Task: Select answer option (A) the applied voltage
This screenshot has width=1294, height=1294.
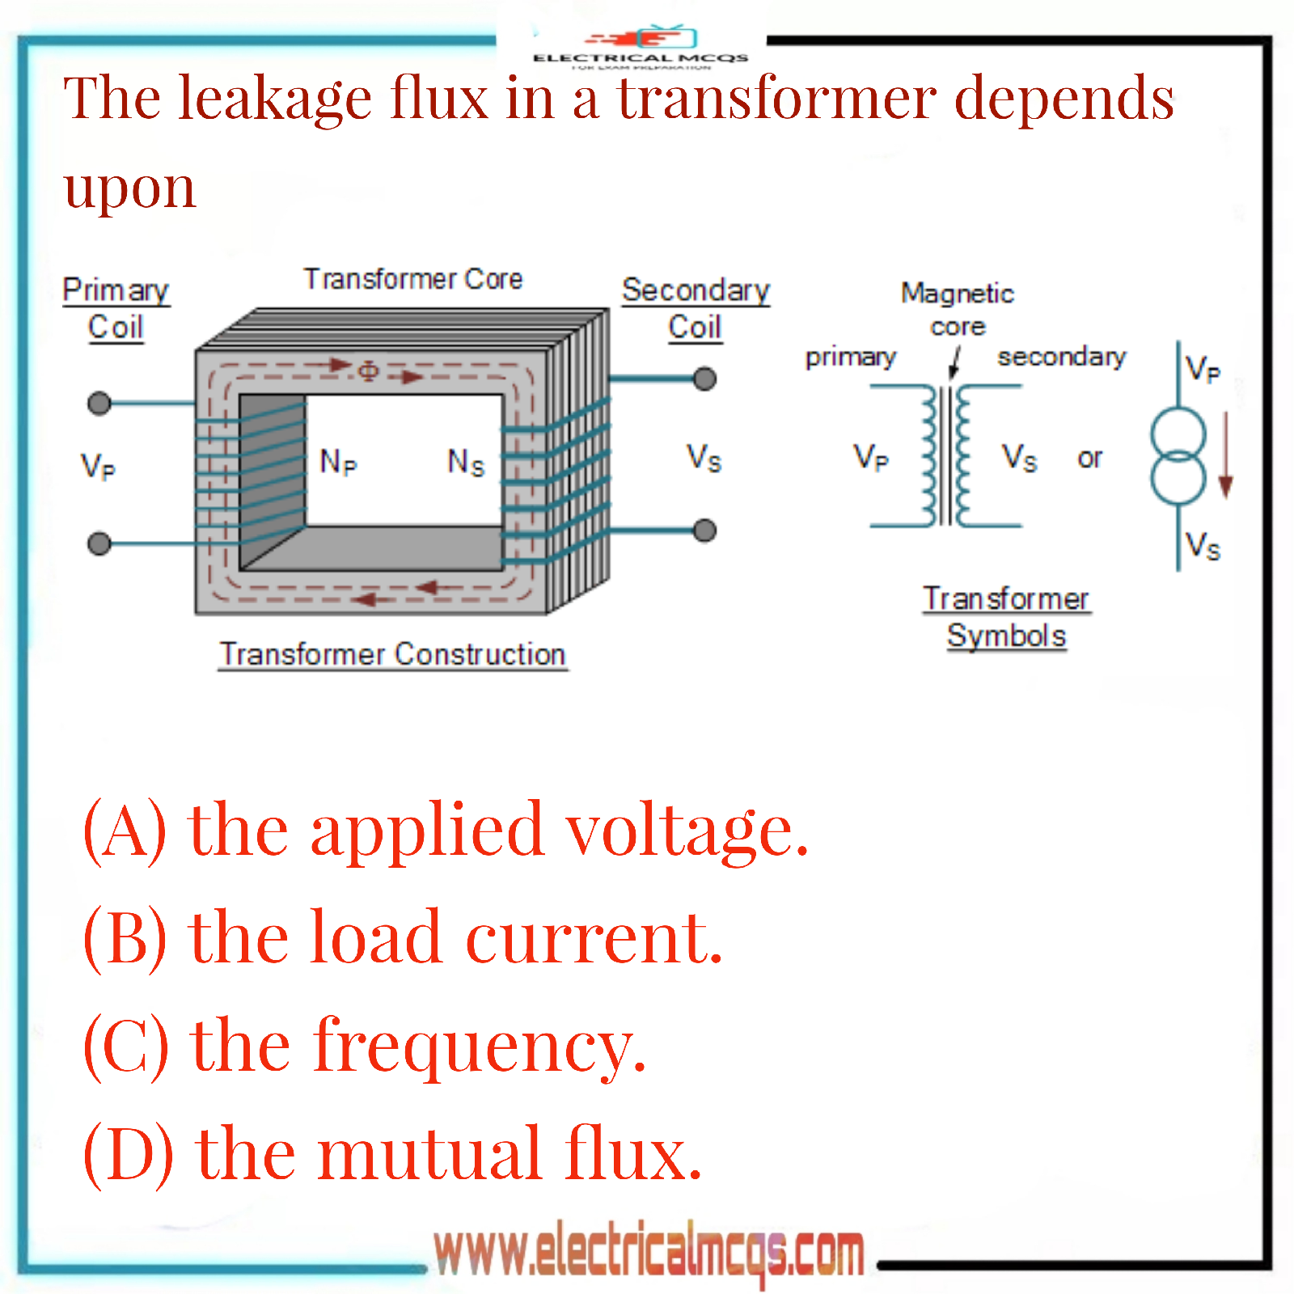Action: pyautogui.click(x=446, y=830)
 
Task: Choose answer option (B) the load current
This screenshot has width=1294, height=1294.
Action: pyautogui.click(x=402, y=937)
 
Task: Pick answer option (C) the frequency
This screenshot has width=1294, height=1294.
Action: pyautogui.click(x=364, y=1046)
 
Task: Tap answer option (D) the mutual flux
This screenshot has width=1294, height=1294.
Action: pyautogui.click(x=392, y=1153)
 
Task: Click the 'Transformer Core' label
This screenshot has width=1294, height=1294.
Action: pyautogui.click(x=413, y=279)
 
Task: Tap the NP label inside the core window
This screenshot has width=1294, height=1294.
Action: pyautogui.click(x=338, y=462)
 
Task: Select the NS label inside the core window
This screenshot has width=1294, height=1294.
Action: pyautogui.click(x=466, y=463)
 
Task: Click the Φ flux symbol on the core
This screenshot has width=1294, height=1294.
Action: pyautogui.click(x=368, y=371)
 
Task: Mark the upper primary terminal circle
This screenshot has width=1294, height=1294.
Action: pyautogui.click(x=99, y=403)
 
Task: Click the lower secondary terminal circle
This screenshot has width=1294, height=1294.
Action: pyautogui.click(x=705, y=531)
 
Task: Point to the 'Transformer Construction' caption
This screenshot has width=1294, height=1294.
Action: pyautogui.click(x=392, y=654)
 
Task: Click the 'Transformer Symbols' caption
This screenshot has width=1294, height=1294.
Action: pyautogui.click(x=1006, y=617)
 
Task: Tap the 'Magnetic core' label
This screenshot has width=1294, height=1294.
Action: pyautogui.click(x=958, y=309)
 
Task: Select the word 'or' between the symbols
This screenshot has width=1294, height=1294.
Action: pyautogui.click(x=1089, y=459)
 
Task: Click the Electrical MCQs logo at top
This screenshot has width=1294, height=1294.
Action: pyautogui.click(x=641, y=47)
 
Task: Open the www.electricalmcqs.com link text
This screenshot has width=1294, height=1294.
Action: pyautogui.click(x=649, y=1252)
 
